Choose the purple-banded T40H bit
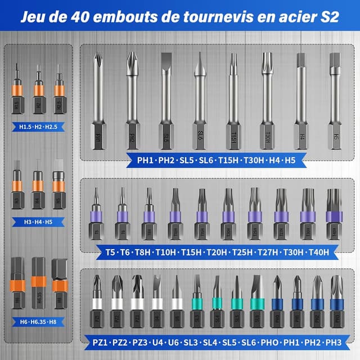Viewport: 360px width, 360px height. [x=334, y=217]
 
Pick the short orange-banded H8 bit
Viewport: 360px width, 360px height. [x=59, y=278]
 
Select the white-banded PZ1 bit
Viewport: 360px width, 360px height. [x=97, y=301]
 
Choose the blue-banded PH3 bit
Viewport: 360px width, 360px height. [x=336, y=301]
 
